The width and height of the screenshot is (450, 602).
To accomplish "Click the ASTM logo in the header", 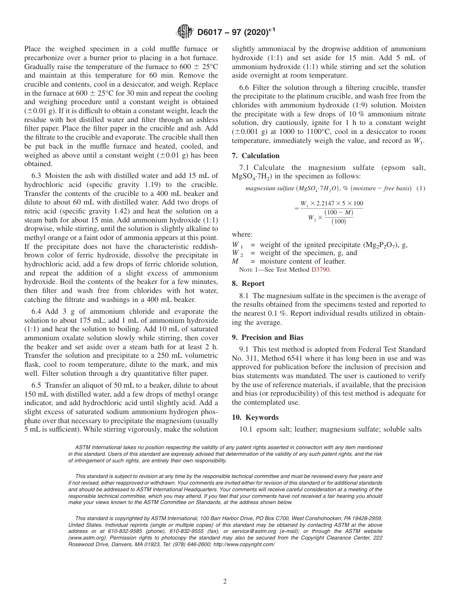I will click(x=184, y=32).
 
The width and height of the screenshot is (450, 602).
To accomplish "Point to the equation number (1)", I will click(x=420, y=188).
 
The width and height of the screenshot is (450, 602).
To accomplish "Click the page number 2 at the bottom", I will click(x=225, y=582).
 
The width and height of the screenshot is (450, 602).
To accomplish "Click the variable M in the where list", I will click(x=235, y=261).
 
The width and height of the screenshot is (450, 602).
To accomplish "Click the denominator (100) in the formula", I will click(x=338, y=221).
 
